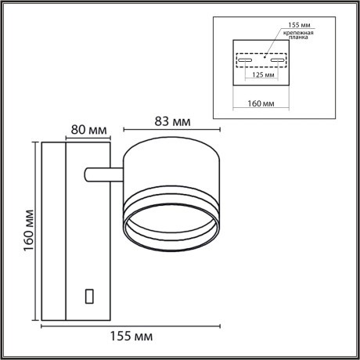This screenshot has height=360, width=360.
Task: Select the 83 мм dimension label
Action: point(171,121)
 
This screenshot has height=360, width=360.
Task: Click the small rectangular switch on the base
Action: point(88,297)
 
